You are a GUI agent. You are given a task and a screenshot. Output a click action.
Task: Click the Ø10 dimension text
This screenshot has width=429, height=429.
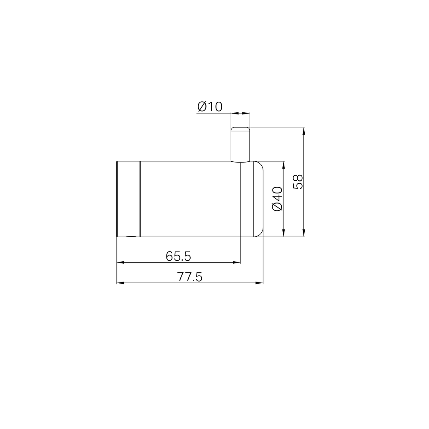[x=210, y=106]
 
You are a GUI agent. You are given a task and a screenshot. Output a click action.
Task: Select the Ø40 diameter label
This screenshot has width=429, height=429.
[x=277, y=199]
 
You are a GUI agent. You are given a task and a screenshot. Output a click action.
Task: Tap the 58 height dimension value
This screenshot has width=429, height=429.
[x=298, y=182]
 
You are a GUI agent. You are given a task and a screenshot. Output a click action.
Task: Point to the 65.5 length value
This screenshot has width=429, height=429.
[x=178, y=257]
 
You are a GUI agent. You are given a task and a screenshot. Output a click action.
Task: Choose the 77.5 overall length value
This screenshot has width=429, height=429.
[x=189, y=277]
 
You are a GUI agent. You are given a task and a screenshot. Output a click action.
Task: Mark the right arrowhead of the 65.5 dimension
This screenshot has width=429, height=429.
[x=237, y=262]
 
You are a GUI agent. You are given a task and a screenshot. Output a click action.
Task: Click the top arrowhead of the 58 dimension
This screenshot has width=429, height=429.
[x=304, y=131]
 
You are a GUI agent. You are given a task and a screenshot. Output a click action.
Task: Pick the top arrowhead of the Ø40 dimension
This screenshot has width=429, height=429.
[x=284, y=164]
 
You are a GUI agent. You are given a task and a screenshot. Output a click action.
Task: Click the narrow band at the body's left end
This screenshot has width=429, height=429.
[x=128, y=199]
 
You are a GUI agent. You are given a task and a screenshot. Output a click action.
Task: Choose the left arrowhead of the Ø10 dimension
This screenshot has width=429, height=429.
[x=234, y=113]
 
